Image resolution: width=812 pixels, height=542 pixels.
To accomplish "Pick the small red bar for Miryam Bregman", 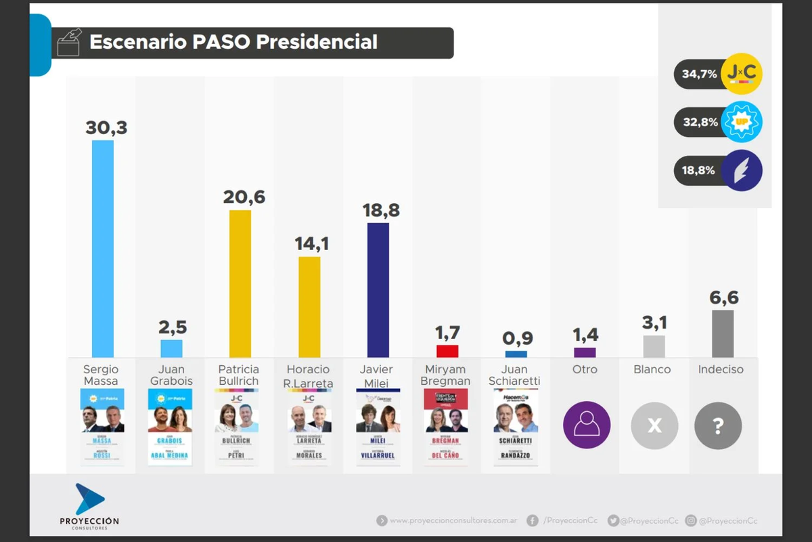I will [447, 351].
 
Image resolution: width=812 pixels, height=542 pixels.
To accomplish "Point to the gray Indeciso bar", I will [723, 333].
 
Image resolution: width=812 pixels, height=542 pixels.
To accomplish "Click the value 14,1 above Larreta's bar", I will [311, 244].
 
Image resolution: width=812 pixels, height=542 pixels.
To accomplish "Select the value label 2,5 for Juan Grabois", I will [171, 327].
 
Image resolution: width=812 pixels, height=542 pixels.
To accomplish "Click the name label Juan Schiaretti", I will [516, 375].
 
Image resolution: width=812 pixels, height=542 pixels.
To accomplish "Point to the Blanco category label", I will [652, 369].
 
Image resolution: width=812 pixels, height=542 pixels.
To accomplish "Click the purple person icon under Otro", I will [587, 425].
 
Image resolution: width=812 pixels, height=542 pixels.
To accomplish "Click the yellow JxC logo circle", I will [742, 74].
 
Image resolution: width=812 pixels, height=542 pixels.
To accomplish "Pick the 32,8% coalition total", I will [699, 123].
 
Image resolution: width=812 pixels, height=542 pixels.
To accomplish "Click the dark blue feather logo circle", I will [742, 170].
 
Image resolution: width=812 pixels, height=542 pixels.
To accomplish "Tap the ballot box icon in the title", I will [70, 43].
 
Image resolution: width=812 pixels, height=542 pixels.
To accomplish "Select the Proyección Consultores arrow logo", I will [89, 499].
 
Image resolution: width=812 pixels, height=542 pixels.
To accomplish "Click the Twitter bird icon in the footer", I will [613, 520].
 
